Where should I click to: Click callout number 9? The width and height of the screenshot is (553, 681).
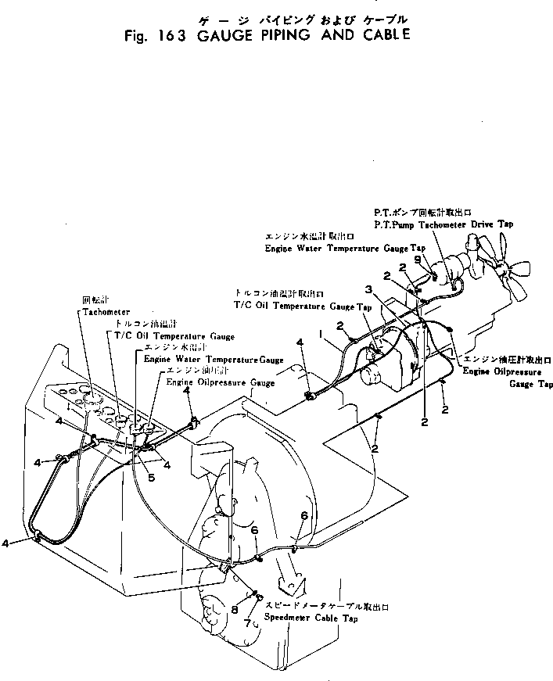tap(416, 259)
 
